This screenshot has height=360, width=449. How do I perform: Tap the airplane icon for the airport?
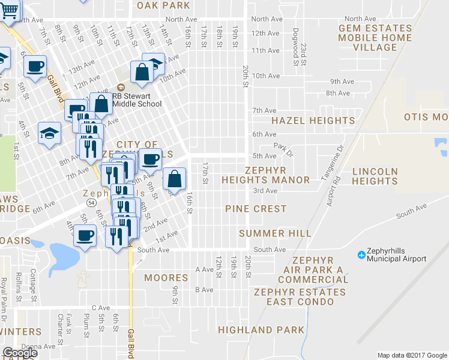(361, 255)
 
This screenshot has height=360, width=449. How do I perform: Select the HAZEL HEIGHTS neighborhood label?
(313, 121)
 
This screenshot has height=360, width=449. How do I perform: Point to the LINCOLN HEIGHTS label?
(375, 176)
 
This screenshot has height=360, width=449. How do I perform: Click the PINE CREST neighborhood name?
(256, 209)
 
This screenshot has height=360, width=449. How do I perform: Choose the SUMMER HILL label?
(275, 233)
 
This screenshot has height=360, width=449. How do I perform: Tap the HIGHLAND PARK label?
(261, 330)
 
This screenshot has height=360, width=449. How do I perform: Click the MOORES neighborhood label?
(166, 278)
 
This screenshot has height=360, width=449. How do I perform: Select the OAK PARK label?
(163, 5)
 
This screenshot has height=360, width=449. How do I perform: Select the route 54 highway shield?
(89, 204)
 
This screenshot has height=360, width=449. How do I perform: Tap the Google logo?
(20, 353)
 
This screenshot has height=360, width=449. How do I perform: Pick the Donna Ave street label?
(37, 346)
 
